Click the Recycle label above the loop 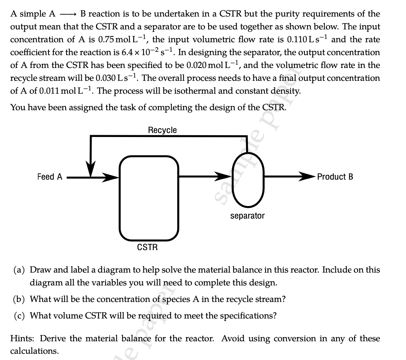162,130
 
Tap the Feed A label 50,177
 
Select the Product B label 335,177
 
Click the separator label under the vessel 247,216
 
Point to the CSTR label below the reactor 147,247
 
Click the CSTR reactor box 149,197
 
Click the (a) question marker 19,270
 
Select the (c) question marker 19,316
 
